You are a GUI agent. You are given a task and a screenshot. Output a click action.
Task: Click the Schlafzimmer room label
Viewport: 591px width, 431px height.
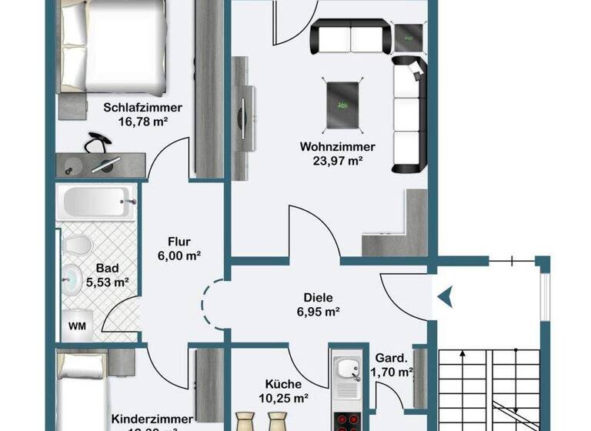[x=135, y=108]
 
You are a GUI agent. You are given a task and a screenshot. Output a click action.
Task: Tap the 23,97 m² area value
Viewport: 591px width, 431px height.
[x=337, y=161]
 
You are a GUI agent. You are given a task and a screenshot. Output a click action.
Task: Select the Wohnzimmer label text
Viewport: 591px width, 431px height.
[x=337, y=147]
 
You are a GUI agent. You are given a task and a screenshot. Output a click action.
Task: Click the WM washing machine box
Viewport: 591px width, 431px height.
[x=78, y=325]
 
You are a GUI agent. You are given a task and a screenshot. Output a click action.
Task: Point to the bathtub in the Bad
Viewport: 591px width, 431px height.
[x=95, y=202]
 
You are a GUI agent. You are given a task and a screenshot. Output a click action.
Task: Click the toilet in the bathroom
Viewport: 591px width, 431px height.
[x=76, y=246]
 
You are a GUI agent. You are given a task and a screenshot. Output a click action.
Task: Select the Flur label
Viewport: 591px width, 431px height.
[x=179, y=240]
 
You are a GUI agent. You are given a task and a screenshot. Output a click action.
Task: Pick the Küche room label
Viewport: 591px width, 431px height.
[x=284, y=385]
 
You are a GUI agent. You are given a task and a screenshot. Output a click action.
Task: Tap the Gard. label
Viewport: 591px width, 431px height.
[x=390, y=359]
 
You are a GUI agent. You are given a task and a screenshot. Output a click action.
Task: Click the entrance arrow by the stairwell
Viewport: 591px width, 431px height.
[x=446, y=294]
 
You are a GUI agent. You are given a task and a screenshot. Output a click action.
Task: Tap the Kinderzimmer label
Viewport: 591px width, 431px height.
[x=143, y=419]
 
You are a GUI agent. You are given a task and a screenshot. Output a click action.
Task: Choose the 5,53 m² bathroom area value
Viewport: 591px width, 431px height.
[x=107, y=282]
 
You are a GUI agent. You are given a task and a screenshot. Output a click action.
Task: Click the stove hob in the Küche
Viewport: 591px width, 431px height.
[x=344, y=419]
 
